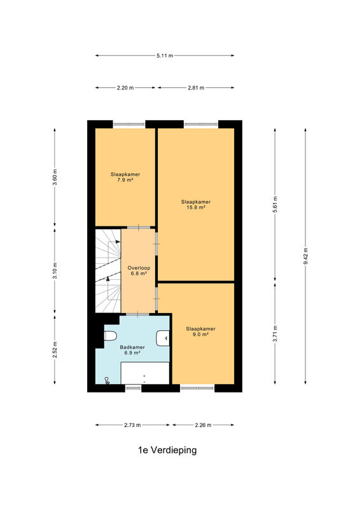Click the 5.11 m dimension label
click(165, 55)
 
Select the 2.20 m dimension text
click(125, 88)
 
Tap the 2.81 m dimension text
click(196, 88)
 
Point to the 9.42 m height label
click(305, 256)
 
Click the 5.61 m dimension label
click(275, 204)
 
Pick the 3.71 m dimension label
click(275, 333)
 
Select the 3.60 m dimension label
click(55, 178)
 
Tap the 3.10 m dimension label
click(55, 270)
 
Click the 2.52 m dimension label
click(55, 349)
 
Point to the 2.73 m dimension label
click(132, 425)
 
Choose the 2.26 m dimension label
click(203, 425)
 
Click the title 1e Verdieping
click(167, 450)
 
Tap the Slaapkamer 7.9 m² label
click(125, 177)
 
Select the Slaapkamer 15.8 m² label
click(196, 204)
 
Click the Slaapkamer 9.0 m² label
click(200, 331)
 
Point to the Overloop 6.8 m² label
click(139, 271)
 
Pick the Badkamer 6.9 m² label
click(132, 350)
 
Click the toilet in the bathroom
click(111, 336)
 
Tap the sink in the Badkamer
click(163, 338)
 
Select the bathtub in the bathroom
click(145, 373)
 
